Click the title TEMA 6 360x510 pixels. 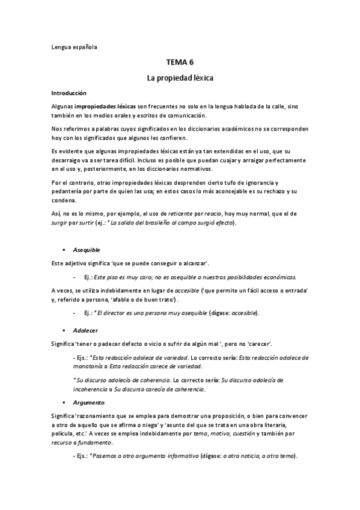[180, 62]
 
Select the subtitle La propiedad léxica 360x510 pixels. [180, 78]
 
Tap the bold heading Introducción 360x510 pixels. [69, 93]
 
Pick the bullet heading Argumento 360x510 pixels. [88, 402]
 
